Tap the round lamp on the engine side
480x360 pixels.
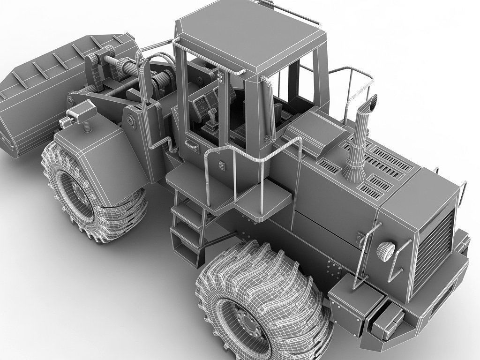click(x=386, y=251)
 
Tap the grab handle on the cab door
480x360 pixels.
click(x=193, y=146)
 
